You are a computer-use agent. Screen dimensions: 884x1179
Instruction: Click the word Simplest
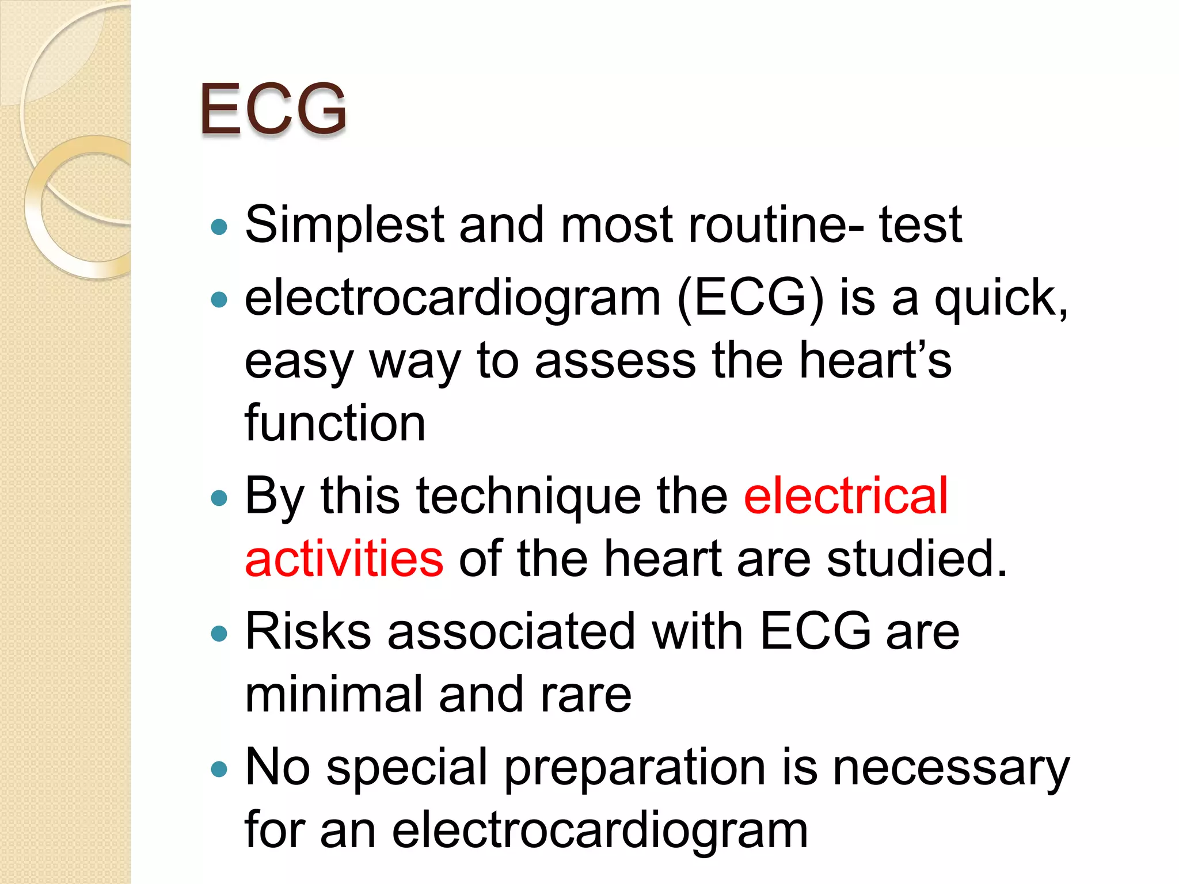[x=344, y=226]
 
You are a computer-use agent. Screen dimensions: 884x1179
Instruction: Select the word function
[x=335, y=423]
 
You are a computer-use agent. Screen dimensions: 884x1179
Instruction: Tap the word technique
[x=528, y=496]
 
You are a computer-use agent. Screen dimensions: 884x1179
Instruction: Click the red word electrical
[x=845, y=496]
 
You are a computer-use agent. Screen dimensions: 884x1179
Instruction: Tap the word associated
[x=511, y=632]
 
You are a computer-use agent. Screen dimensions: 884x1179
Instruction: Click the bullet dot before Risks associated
[x=219, y=634]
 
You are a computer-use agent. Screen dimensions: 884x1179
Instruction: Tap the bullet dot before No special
[x=219, y=769]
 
